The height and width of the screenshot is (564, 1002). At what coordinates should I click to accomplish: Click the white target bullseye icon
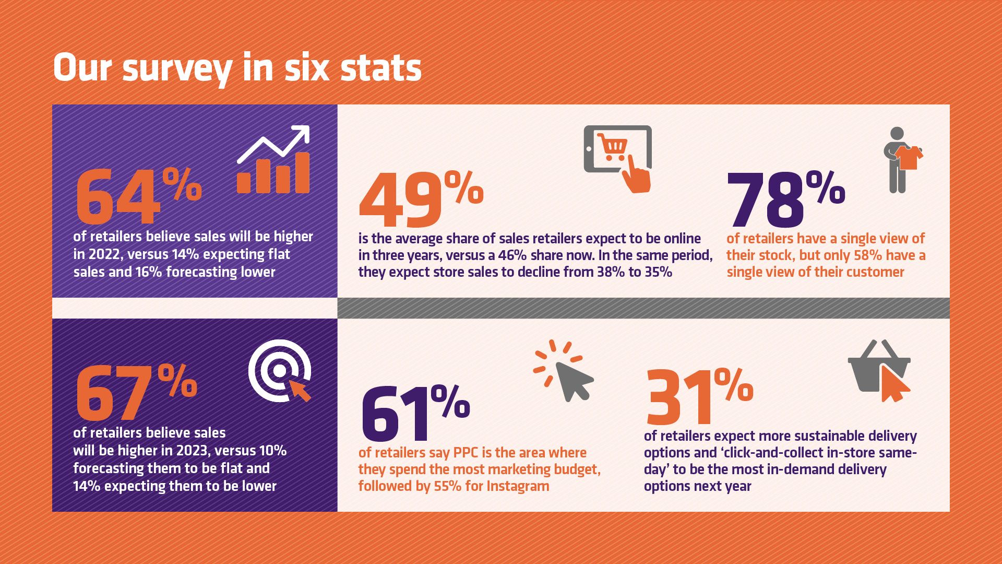click(280, 371)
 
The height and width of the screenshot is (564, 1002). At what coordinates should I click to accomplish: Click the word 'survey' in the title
click(177, 69)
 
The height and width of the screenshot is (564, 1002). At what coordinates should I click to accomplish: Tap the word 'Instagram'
click(518, 486)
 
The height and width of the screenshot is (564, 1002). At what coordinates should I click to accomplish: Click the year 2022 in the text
click(104, 255)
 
